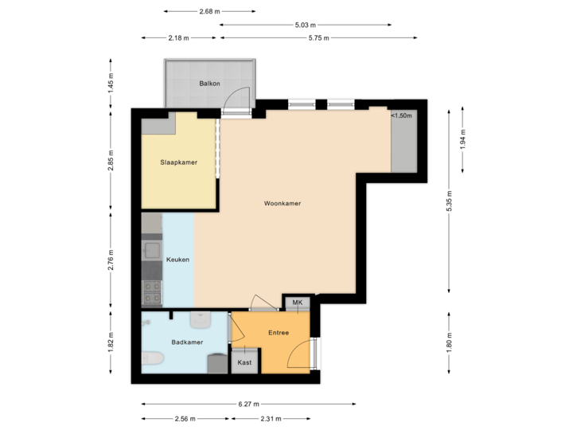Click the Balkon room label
click(209, 84)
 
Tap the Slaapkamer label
click(178, 162)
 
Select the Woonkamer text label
click(283, 204)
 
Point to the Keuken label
click(177, 259)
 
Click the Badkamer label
click(187, 342)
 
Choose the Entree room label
click(279, 333)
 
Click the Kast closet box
click(245, 362)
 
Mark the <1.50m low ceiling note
click(401, 116)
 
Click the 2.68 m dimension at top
click(210, 11)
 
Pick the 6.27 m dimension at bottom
click(249, 405)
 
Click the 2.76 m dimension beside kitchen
click(111, 260)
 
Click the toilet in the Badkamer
click(152, 361)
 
